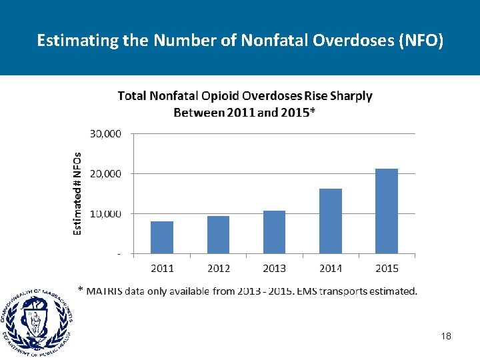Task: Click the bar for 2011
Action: pos(162,237)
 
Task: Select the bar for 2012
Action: pos(218,235)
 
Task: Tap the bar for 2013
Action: pos(274,232)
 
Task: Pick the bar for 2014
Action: pos(331,221)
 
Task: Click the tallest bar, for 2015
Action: pos(387,211)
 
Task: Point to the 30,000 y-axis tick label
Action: pos(105,133)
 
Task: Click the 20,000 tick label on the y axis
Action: pos(105,173)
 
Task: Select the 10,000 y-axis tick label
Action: pos(105,213)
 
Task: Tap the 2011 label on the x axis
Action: pos(162,268)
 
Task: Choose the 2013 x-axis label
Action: pos(274,268)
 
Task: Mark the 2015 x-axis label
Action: pos(387,268)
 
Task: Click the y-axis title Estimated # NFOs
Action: pos(77,193)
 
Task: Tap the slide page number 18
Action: pos(446,337)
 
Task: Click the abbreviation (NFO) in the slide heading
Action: pos(420,41)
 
